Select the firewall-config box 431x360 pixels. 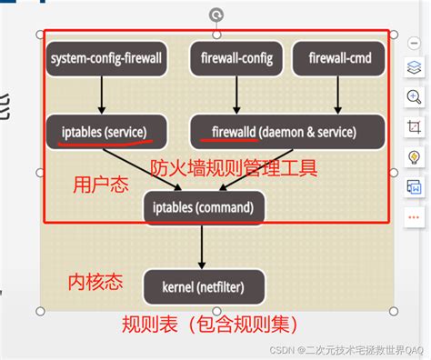[236, 60]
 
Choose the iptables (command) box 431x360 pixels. [205, 206]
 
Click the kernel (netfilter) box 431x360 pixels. [205, 286]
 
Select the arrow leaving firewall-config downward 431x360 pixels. [236, 95]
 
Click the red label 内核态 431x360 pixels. [95, 282]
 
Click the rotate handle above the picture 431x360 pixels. [215, 15]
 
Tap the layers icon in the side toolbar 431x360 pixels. [414, 67]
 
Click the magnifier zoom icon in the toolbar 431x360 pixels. [414, 96]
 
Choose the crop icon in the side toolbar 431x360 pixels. [414, 126]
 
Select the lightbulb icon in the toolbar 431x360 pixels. [414, 156]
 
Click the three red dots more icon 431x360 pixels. [414, 218]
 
